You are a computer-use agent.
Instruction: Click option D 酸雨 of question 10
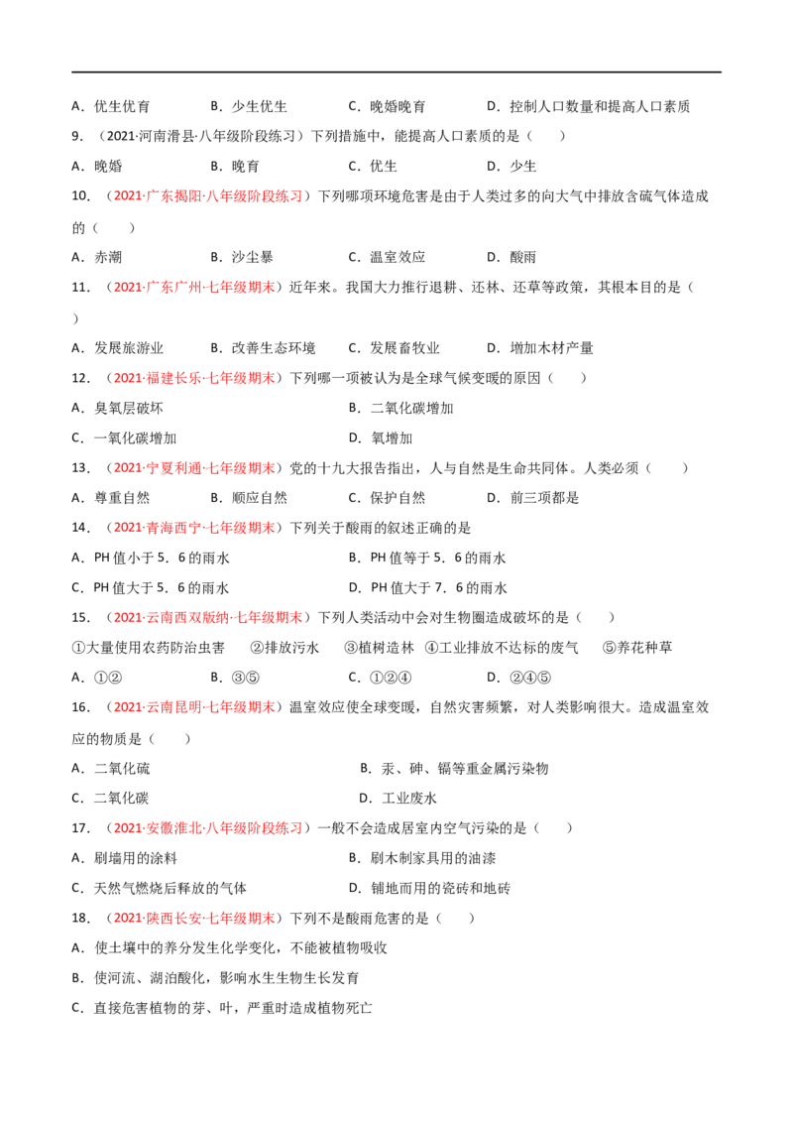coord(511,257)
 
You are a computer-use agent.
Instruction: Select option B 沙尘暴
coord(242,257)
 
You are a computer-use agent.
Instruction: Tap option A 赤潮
coord(96,257)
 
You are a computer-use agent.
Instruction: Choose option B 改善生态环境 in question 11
coord(263,348)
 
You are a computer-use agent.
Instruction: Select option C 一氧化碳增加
coord(124,438)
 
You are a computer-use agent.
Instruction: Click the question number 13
coord(80,468)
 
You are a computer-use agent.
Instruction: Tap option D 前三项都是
coord(532,498)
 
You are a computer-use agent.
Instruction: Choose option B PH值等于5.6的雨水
coord(427,558)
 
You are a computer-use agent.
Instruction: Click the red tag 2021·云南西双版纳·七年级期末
coord(208,617)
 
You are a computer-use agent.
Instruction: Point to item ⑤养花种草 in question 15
coord(637,648)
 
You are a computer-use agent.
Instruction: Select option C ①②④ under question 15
coord(380,678)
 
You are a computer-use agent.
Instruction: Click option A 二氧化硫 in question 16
coord(111,769)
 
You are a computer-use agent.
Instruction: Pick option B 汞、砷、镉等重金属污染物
coord(454,769)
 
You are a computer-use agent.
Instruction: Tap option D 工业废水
coord(397,798)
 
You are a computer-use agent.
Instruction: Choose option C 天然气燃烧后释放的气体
coord(159,888)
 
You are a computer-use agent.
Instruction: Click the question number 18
coord(80,919)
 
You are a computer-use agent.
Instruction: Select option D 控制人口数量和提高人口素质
coord(589,107)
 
